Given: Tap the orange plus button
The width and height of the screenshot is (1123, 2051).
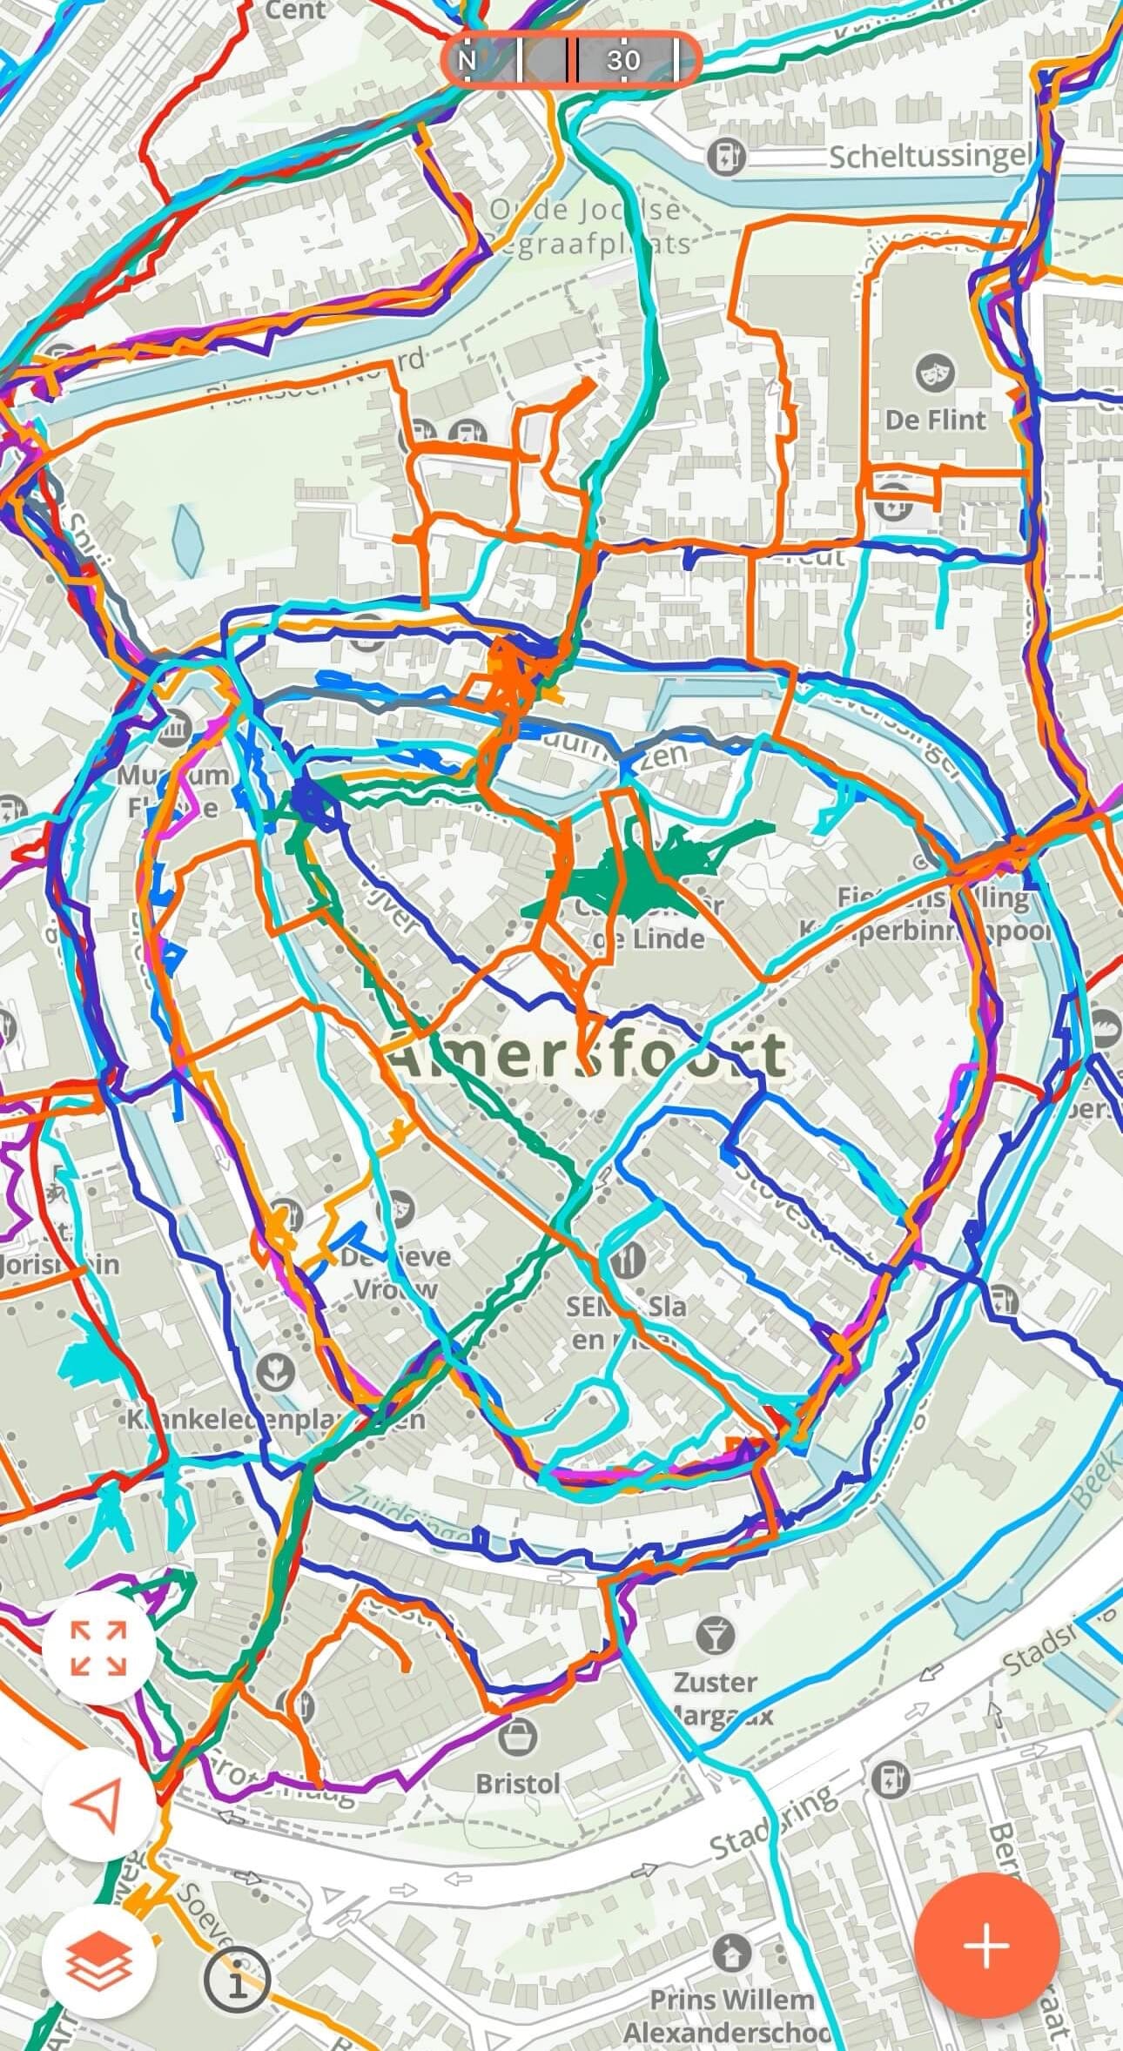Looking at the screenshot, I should pyautogui.click(x=986, y=1939).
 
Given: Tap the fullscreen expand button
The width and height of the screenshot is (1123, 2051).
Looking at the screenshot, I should pyautogui.click(x=99, y=1648).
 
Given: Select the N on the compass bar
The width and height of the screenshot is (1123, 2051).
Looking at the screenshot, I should pyautogui.click(x=467, y=60).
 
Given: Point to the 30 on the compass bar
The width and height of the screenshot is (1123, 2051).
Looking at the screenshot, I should pyautogui.click(x=623, y=60).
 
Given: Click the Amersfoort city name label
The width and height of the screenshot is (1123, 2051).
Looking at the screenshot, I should pyautogui.click(x=585, y=1053).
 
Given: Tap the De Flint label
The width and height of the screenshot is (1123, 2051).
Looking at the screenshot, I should pyautogui.click(x=935, y=420).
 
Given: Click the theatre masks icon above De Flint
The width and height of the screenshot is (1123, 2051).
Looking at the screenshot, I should pyautogui.click(x=934, y=373).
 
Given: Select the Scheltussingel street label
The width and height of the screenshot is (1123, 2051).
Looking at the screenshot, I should pyautogui.click(x=929, y=158).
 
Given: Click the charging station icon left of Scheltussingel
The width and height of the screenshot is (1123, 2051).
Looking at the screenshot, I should pyautogui.click(x=722, y=158).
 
